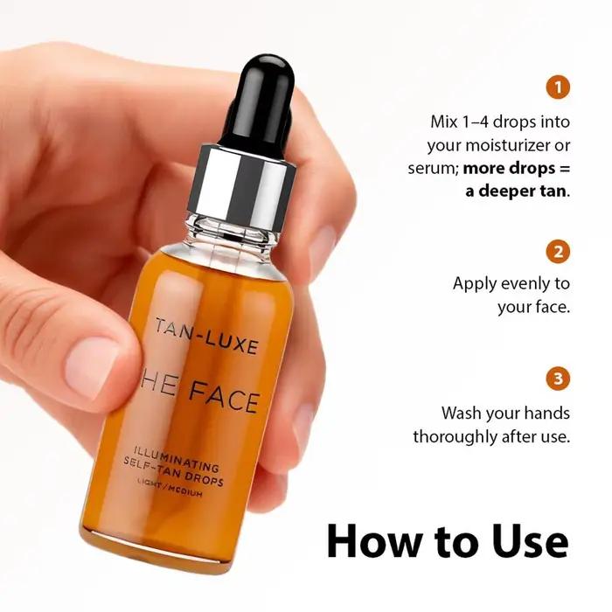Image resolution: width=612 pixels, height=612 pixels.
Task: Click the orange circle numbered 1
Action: [558, 87]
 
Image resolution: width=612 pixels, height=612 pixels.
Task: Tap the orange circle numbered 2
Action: [558, 252]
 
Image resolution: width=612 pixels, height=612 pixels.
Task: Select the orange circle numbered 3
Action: [558, 379]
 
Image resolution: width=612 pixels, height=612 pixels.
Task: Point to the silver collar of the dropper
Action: [244, 181]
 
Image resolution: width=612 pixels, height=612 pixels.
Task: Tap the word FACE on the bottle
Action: [224, 397]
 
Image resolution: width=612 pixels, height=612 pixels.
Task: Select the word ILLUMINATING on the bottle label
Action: [176, 458]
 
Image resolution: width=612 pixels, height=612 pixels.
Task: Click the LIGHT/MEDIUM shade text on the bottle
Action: [170, 490]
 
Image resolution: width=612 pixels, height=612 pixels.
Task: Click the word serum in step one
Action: [434, 169]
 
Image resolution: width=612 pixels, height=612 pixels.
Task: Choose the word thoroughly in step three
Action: [455, 437]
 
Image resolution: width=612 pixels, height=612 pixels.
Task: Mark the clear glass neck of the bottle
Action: [233, 232]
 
